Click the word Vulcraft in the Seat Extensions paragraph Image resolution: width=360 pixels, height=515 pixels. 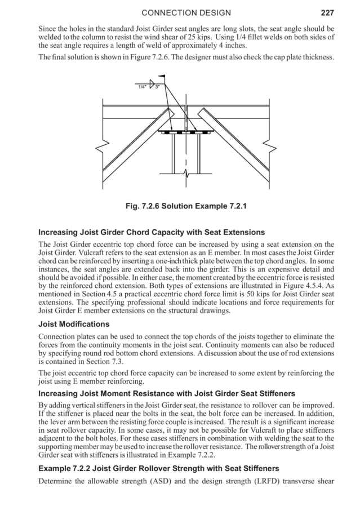tap(81, 254)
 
